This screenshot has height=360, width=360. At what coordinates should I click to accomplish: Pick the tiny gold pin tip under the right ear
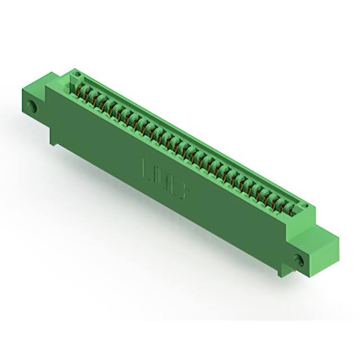tap(293, 276)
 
